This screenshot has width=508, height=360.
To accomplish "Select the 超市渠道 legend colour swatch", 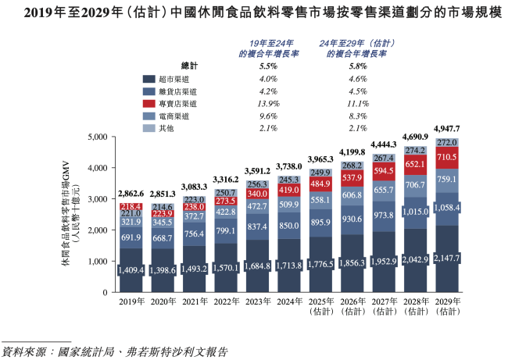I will (148, 79).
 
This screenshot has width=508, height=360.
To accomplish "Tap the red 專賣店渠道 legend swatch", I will (148, 103).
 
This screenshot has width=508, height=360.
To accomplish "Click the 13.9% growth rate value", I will (268, 103).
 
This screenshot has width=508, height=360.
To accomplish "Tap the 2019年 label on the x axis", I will (131, 301).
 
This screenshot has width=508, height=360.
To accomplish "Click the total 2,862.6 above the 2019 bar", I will (131, 193).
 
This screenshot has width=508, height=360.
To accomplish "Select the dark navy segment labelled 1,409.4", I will (131, 270).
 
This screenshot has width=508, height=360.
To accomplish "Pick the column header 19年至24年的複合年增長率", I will (268, 48).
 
